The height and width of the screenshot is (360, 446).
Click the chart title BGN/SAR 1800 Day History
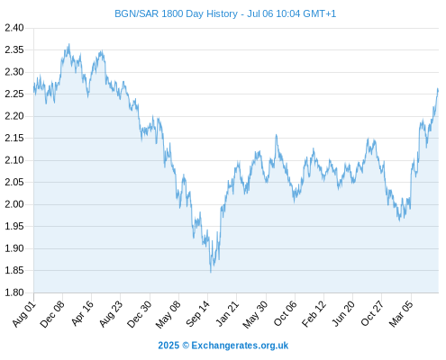point(176,13)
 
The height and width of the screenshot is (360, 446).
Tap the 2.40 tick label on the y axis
point(14,28)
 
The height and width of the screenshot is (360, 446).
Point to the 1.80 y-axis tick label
point(14,292)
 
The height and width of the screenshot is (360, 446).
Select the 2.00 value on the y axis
point(14,204)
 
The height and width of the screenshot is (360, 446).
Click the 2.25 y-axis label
point(14,94)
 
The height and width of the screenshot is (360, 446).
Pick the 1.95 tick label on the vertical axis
point(14,226)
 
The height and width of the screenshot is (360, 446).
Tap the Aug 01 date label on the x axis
point(24,314)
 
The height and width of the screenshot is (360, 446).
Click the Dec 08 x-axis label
point(52,314)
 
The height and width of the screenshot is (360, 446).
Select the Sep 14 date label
point(198,314)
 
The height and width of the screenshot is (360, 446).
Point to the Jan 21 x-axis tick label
point(227,314)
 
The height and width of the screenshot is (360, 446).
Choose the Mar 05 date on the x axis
point(401,314)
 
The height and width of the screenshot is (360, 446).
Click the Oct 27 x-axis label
point(372,314)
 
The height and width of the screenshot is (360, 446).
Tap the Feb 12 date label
point(314,314)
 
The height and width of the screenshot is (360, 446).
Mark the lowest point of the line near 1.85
point(211,272)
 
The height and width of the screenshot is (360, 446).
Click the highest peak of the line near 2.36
point(69,44)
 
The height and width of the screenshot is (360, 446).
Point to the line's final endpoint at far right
point(438,89)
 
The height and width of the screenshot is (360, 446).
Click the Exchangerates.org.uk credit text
point(240,346)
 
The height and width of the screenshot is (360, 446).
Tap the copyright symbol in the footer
point(186,346)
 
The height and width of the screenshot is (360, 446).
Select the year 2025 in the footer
point(168,346)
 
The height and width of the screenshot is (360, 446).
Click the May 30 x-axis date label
point(255,314)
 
